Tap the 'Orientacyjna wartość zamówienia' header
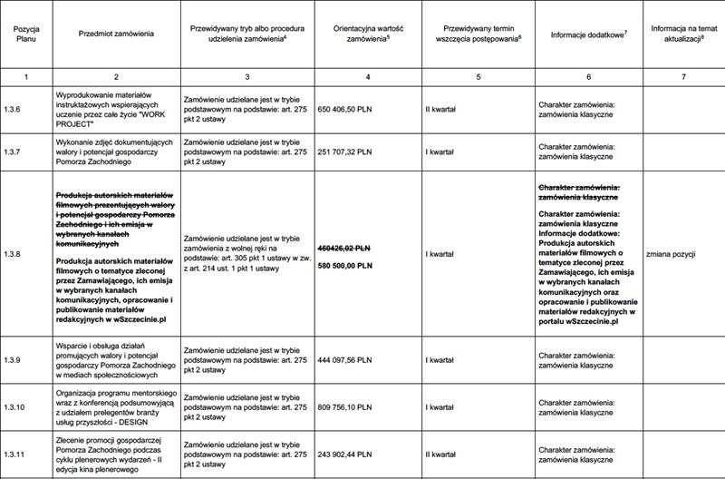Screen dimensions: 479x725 (x=368, y=34)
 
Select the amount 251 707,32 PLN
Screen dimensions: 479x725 (x=345, y=152)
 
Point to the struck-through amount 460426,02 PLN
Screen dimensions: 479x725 (x=343, y=248)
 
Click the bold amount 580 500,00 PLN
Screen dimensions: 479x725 (x=344, y=265)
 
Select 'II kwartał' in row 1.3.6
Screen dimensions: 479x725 (x=440, y=110)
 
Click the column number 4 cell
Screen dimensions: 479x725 (x=367, y=75)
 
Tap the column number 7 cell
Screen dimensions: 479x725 (x=684, y=75)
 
